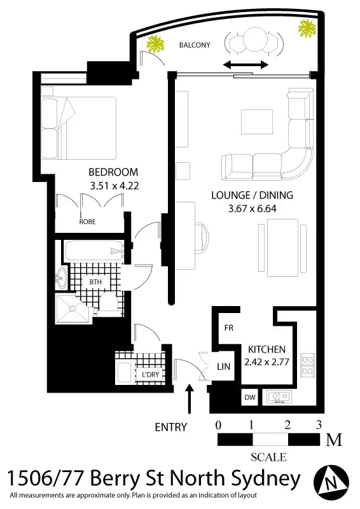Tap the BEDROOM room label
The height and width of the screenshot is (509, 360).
(113, 172)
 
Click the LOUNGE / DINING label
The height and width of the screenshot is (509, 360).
(246, 195)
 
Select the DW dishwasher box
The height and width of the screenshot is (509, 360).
(249, 398)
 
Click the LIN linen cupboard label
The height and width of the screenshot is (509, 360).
(223, 366)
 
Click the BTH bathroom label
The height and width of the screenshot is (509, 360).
(95, 281)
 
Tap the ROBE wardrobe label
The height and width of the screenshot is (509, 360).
(88, 222)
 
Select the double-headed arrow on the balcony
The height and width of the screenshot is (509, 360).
(245, 65)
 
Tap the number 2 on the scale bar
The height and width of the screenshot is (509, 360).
(287, 424)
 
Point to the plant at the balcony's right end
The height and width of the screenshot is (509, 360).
(308, 28)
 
